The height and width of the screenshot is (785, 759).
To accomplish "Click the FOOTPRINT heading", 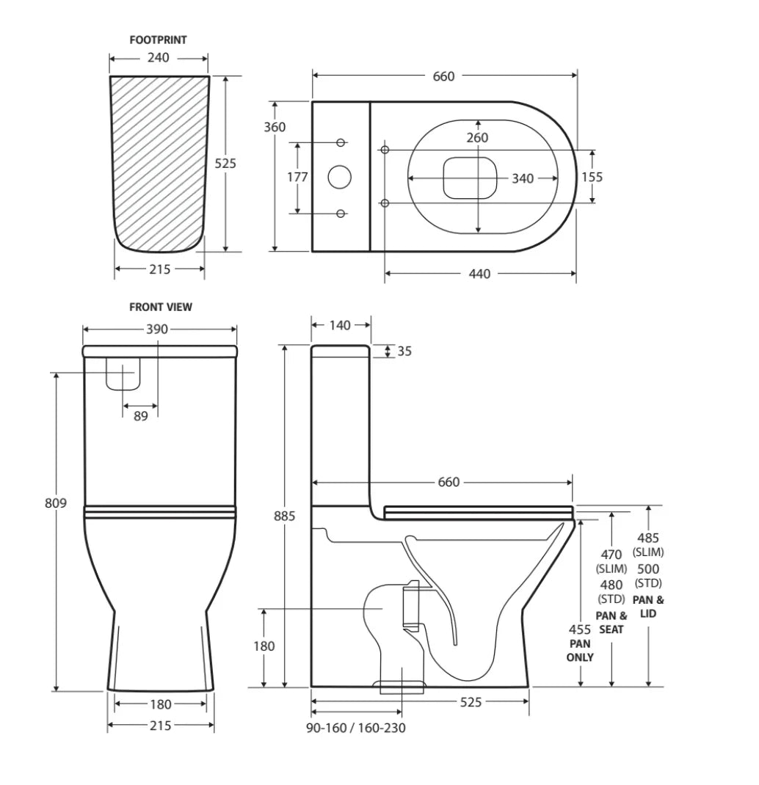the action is pyautogui.click(x=158, y=40).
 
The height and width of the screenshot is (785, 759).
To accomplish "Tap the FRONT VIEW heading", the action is pyautogui.click(x=161, y=307).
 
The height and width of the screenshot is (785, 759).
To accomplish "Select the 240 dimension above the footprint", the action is pyautogui.click(x=159, y=57).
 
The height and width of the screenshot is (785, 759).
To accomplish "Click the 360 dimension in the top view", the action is pyautogui.click(x=275, y=127).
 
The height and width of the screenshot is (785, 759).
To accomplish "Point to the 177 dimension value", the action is pyautogui.click(x=297, y=177).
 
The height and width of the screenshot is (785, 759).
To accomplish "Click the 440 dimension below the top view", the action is pyautogui.click(x=479, y=274).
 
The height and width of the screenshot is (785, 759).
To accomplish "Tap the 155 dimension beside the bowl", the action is pyautogui.click(x=592, y=177).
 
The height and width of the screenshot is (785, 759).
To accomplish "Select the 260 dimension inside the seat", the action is pyautogui.click(x=477, y=138).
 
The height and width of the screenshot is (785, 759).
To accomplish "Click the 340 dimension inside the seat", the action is pyautogui.click(x=523, y=178).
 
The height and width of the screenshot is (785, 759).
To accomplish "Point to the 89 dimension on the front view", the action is pyautogui.click(x=141, y=416).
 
